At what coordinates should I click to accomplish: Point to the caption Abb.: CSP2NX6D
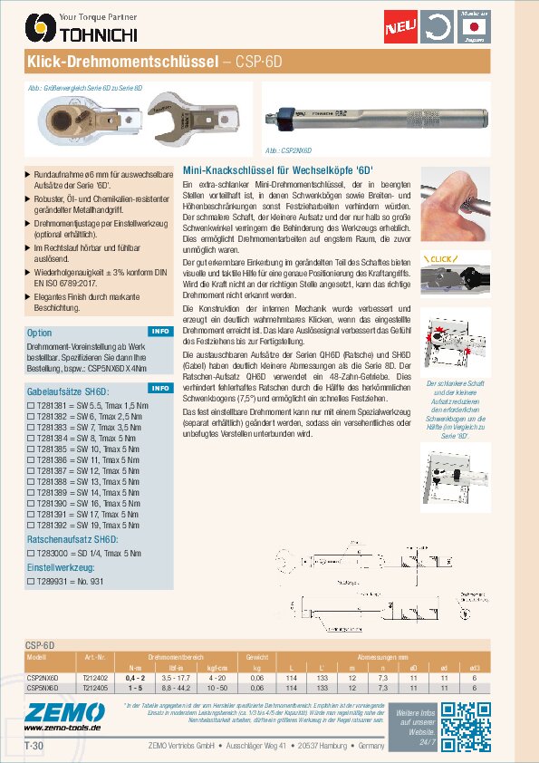tap(288, 151)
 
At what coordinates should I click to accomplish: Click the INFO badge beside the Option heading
tap(159, 332)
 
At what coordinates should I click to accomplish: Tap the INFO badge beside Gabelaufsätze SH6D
tap(159, 388)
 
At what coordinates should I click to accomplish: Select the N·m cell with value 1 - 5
tap(136, 688)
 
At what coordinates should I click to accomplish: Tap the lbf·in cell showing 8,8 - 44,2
tap(174, 688)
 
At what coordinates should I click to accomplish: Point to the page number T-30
tap(34, 746)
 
